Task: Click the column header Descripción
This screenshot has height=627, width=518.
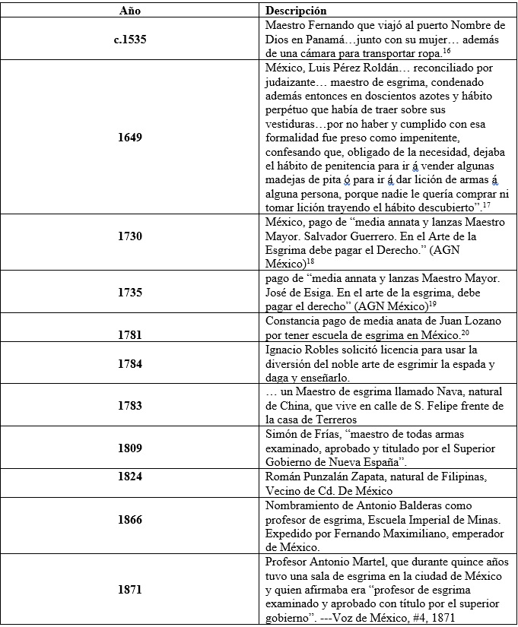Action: (296, 11)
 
